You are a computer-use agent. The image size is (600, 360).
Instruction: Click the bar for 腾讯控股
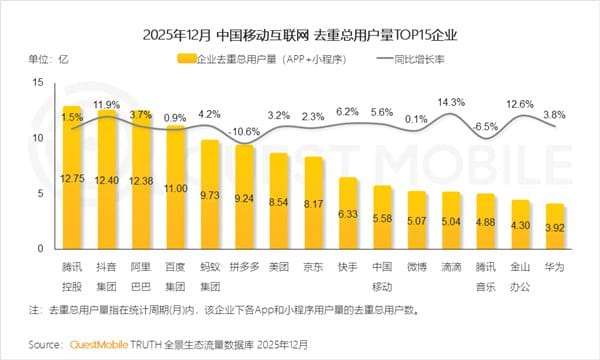(x=72, y=180)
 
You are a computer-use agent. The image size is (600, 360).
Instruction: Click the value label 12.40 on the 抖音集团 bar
(x=106, y=178)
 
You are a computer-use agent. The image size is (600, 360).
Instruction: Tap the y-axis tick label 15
(x=38, y=81)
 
